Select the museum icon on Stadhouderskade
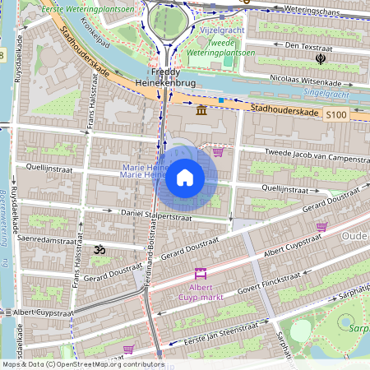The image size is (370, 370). coord(201,110)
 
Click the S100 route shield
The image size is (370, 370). coord(335,118)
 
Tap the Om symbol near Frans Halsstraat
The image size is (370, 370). coord(100,248)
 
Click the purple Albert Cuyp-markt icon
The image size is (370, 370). coord(199,274)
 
